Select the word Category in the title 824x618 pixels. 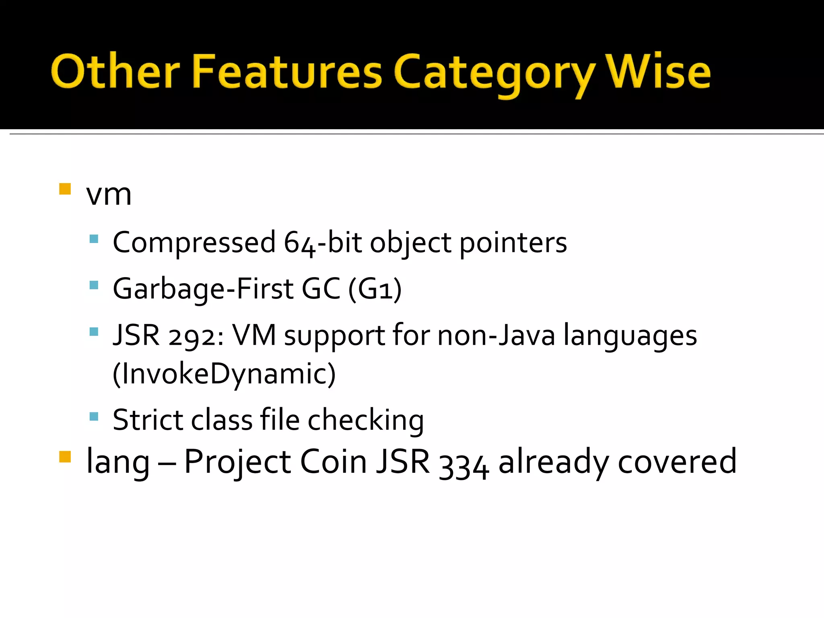point(494,74)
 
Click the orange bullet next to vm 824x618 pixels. point(65,189)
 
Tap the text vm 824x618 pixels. point(109,195)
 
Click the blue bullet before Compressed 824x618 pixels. point(94,239)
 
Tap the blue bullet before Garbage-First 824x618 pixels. point(94,285)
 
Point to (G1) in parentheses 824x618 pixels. point(375,289)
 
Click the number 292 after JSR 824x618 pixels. point(193,336)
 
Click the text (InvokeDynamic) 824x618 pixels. point(224,374)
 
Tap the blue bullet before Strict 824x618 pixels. point(94,416)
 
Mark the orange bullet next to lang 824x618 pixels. point(65,457)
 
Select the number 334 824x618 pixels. point(464,463)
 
